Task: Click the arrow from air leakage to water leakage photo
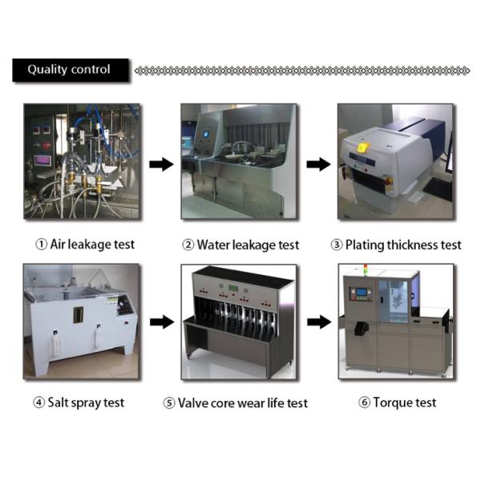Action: click(x=161, y=164)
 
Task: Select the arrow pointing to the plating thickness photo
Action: click(x=318, y=164)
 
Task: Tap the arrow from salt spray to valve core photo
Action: click(x=161, y=322)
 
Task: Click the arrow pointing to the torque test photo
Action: click(x=318, y=322)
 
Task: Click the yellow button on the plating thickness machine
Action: click(x=362, y=148)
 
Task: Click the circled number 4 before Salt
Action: click(x=38, y=402)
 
